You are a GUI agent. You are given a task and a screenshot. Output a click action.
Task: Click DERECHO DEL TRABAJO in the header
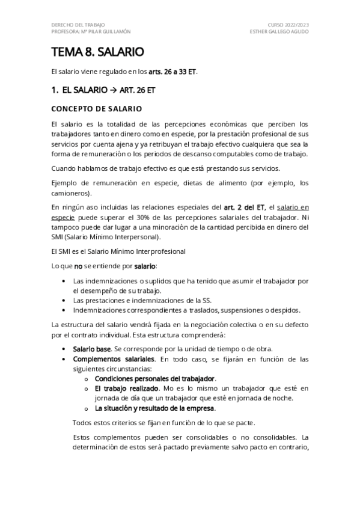click(x=78, y=25)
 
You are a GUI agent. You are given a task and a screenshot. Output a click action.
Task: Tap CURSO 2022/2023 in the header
click(x=287, y=25)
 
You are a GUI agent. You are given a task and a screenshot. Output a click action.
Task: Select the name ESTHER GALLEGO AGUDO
click(x=279, y=31)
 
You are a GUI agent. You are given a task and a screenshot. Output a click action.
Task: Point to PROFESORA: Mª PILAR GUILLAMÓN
click(x=91, y=31)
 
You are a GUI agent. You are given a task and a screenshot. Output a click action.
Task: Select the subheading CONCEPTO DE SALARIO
click(x=96, y=109)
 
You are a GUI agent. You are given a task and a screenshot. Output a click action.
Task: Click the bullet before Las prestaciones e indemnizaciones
click(x=64, y=301)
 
